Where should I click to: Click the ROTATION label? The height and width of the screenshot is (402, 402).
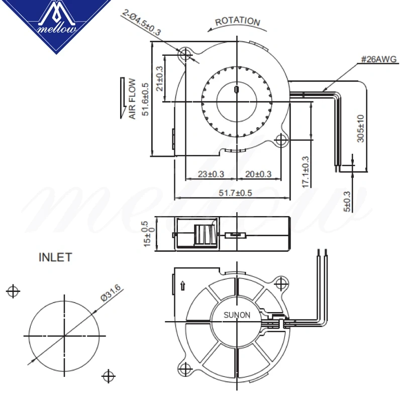(238, 22)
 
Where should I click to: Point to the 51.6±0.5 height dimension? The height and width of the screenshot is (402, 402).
(145, 99)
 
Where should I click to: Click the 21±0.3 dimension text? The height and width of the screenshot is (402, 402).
(159, 78)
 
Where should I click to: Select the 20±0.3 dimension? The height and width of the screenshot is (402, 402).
(258, 174)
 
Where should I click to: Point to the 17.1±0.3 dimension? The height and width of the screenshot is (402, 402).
(306, 171)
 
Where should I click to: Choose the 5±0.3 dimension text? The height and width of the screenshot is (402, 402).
(347, 200)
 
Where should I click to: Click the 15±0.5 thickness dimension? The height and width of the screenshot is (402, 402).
(146, 234)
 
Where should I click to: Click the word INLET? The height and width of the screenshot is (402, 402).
(55, 258)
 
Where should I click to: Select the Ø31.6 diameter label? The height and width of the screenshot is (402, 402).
(111, 292)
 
